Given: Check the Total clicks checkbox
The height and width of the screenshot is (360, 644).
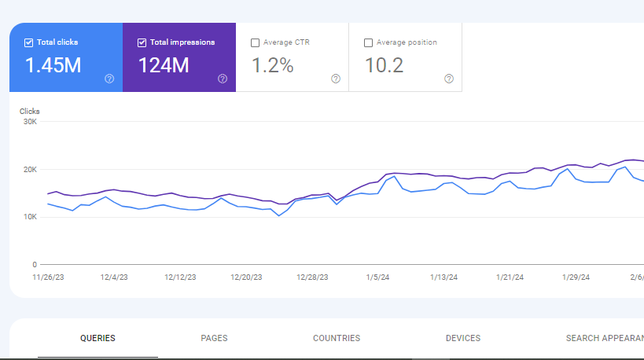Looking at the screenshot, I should [29, 42].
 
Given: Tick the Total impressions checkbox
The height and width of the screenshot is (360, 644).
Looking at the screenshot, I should [142, 42].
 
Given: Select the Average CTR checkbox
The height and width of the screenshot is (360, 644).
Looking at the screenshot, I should [255, 42].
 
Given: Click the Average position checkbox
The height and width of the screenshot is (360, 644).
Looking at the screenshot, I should [369, 42].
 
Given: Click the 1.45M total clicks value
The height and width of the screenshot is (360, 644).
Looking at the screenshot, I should [53, 66].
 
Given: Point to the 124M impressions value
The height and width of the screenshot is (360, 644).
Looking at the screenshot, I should [164, 66].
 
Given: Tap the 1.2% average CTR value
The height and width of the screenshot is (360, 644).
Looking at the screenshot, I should [272, 66].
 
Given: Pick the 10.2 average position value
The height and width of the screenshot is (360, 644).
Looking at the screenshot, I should [385, 66].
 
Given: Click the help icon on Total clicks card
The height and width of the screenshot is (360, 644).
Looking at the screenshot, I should [109, 79].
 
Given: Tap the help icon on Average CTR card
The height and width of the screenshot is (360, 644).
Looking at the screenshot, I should [336, 79].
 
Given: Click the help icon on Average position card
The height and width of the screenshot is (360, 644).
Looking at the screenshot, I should [449, 79].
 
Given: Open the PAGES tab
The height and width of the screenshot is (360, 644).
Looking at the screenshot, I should [214, 339].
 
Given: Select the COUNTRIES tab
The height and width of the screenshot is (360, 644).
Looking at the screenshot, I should [337, 339].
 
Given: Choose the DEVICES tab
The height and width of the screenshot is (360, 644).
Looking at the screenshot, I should [463, 339].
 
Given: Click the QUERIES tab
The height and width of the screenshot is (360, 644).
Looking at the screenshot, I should [98, 339].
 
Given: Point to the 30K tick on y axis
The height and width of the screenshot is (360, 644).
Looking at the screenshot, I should [30, 122].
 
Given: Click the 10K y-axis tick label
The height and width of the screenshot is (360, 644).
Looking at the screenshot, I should [30, 217].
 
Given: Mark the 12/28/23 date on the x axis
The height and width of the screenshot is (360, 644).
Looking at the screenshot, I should [312, 277].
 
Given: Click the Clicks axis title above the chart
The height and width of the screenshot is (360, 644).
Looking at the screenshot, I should [30, 112].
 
